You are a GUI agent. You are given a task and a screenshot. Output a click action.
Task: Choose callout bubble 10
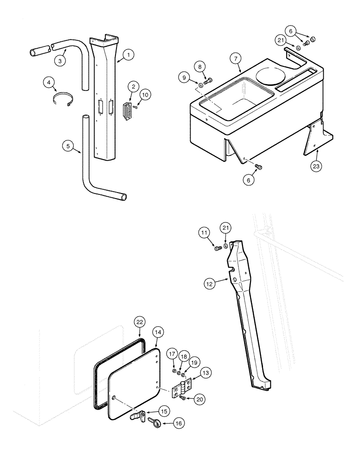(145, 95)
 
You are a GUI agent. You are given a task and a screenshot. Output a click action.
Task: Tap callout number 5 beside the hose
(68, 146)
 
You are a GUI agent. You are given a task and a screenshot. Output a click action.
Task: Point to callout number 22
(141, 321)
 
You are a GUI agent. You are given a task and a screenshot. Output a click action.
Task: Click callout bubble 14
(158, 332)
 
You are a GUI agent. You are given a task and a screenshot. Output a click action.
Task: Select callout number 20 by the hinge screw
(200, 399)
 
